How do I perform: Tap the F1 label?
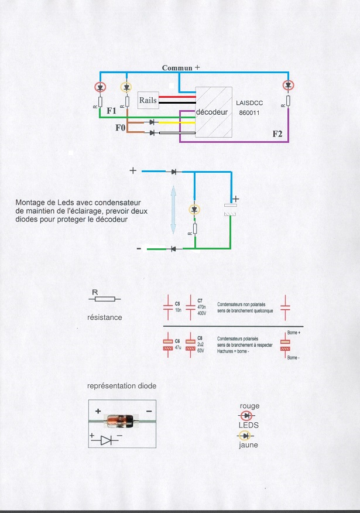(x=112, y=110)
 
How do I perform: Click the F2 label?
(x=279, y=134)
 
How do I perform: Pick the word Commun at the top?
(x=177, y=68)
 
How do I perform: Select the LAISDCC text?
(x=251, y=102)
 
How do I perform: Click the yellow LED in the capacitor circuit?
(x=196, y=209)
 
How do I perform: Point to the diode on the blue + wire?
(x=174, y=172)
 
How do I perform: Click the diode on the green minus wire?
(x=173, y=249)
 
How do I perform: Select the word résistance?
(x=104, y=317)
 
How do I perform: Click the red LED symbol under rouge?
(x=246, y=415)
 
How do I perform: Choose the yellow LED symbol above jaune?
(x=245, y=436)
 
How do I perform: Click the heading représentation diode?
(x=122, y=386)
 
